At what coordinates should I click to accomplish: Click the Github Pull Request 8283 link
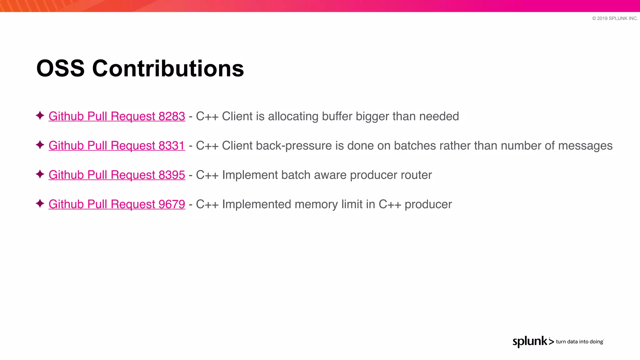(x=117, y=116)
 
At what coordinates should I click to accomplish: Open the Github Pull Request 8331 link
(x=117, y=146)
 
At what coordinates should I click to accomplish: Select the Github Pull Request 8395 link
(x=117, y=175)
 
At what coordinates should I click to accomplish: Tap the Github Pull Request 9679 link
(x=117, y=204)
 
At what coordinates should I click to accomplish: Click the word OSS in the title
(x=60, y=68)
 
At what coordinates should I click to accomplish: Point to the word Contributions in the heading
(x=168, y=68)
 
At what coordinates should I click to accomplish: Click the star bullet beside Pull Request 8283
(x=40, y=116)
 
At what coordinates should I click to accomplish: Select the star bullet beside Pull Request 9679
(x=40, y=204)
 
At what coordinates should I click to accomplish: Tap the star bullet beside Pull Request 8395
(x=40, y=174)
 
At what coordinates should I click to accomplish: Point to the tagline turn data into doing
(x=579, y=342)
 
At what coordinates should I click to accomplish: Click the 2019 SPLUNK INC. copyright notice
(x=615, y=18)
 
